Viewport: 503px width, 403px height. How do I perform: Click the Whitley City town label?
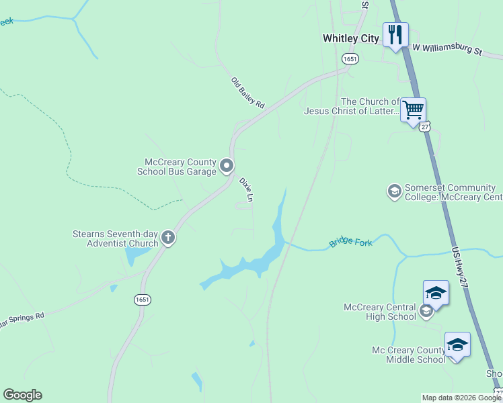(x=350, y=38)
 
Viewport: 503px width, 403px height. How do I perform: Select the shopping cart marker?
(x=413, y=109)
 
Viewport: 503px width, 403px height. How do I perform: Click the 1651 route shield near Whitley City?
(x=349, y=59)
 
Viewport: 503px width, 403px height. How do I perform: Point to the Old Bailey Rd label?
(x=248, y=93)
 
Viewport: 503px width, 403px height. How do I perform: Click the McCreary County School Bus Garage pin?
(x=227, y=165)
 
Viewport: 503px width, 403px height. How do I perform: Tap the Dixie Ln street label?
(x=246, y=189)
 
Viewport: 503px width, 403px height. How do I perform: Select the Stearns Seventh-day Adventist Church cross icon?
(x=168, y=236)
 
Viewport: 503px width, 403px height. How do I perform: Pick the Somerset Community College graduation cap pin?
(x=394, y=191)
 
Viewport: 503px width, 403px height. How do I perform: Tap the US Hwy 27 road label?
(x=461, y=267)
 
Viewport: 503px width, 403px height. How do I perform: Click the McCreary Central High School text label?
(x=380, y=312)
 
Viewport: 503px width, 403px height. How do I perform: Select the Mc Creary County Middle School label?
(x=408, y=355)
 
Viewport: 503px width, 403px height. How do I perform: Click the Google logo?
(x=22, y=395)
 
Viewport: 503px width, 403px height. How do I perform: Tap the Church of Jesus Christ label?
(x=350, y=106)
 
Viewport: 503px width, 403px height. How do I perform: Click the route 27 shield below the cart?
(x=425, y=127)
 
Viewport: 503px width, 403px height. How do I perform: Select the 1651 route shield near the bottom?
(x=141, y=300)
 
